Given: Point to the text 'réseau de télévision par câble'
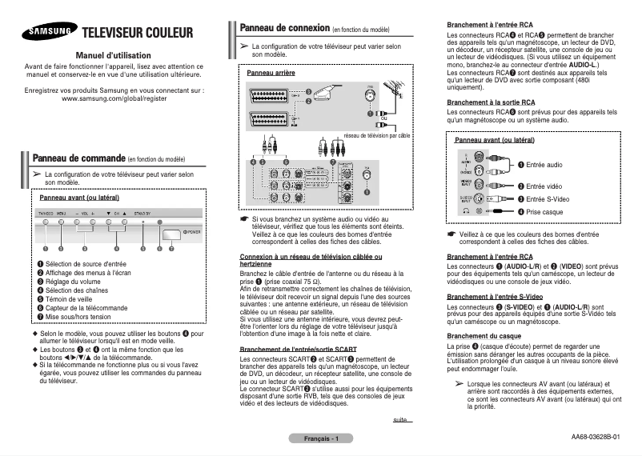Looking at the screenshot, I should pyautogui.click(x=375, y=135).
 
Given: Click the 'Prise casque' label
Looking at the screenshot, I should pyautogui.click(x=544, y=211).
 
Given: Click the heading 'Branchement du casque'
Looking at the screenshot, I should pyautogui.click(x=484, y=336).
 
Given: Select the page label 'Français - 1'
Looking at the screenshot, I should pyautogui.click(x=321, y=439).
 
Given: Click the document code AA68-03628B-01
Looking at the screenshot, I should pyautogui.click(x=596, y=438).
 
